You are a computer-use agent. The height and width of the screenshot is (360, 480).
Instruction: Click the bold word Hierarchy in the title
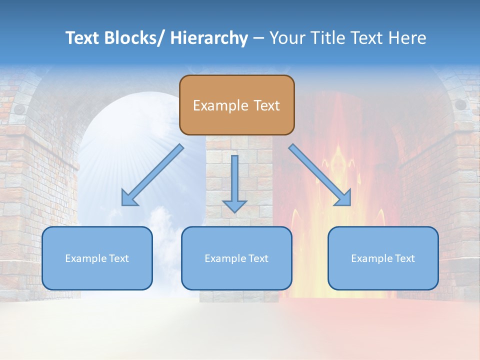[x=209, y=38]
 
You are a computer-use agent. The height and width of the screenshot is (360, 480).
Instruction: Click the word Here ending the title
[x=408, y=38]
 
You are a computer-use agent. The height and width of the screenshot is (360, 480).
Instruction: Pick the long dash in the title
[x=258, y=38]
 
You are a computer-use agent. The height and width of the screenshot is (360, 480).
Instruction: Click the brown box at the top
[x=236, y=105]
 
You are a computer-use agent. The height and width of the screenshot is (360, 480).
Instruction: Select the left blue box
[x=97, y=258]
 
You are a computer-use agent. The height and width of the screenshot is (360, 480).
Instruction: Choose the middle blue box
[x=236, y=258]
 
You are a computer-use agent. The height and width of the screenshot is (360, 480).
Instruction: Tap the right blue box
[x=383, y=258]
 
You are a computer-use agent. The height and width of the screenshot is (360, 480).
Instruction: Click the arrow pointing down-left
[x=152, y=175]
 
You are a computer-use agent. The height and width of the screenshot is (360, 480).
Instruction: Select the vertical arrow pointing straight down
[x=234, y=183]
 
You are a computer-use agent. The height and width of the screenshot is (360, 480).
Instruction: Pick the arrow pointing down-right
[x=320, y=175]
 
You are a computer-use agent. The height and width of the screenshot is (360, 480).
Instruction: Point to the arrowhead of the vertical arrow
[x=234, y=205]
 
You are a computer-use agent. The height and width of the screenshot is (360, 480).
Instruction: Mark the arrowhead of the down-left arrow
[x=129, y=198]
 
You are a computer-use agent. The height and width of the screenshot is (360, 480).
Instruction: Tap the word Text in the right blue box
[x=404, y=258]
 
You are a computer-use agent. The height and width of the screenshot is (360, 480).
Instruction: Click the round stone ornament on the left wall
[x=19, y=108]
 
